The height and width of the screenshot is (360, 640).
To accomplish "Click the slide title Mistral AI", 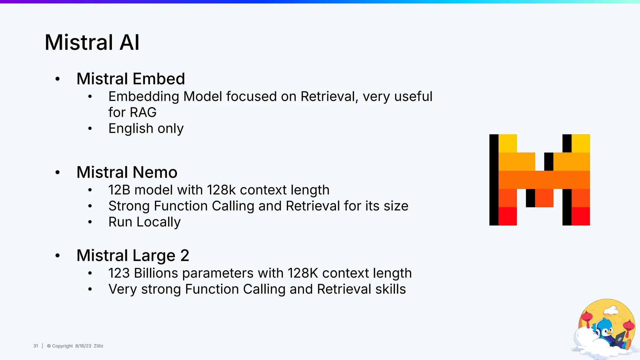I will (x=92, y=42).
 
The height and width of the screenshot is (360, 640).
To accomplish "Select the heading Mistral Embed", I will (x=131, y=79).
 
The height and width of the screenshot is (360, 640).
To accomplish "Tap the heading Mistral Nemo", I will (x=127, y=172).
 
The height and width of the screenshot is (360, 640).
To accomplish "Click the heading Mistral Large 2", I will (x=133, y=256).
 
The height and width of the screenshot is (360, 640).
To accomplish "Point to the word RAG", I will (x=143, y=112).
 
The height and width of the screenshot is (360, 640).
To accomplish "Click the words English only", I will (x=146, y=128).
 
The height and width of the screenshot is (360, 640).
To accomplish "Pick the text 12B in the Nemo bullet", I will (x=119, y=190).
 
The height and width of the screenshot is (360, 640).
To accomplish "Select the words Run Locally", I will (x=144, y=222).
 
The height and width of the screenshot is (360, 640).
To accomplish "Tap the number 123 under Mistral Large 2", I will (x=119, y=273).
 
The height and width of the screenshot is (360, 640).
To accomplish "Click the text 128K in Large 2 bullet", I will (x=302, y=273).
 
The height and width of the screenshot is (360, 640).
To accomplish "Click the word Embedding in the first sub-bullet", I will (x=144, y=97).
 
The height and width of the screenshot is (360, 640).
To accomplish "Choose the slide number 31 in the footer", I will (x=36, y=346).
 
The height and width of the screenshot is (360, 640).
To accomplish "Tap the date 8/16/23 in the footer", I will (x=83, y=346).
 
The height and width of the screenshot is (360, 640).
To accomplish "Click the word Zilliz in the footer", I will (x=98, y=346).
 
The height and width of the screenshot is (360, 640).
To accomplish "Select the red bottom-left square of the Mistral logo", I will (x=507, y=216).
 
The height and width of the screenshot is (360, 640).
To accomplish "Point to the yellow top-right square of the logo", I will (x=581, y=143).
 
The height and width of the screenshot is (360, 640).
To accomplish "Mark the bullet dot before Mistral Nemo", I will (x=57, y=172).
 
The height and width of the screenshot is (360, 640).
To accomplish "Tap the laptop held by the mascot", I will (x=619, y=339).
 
